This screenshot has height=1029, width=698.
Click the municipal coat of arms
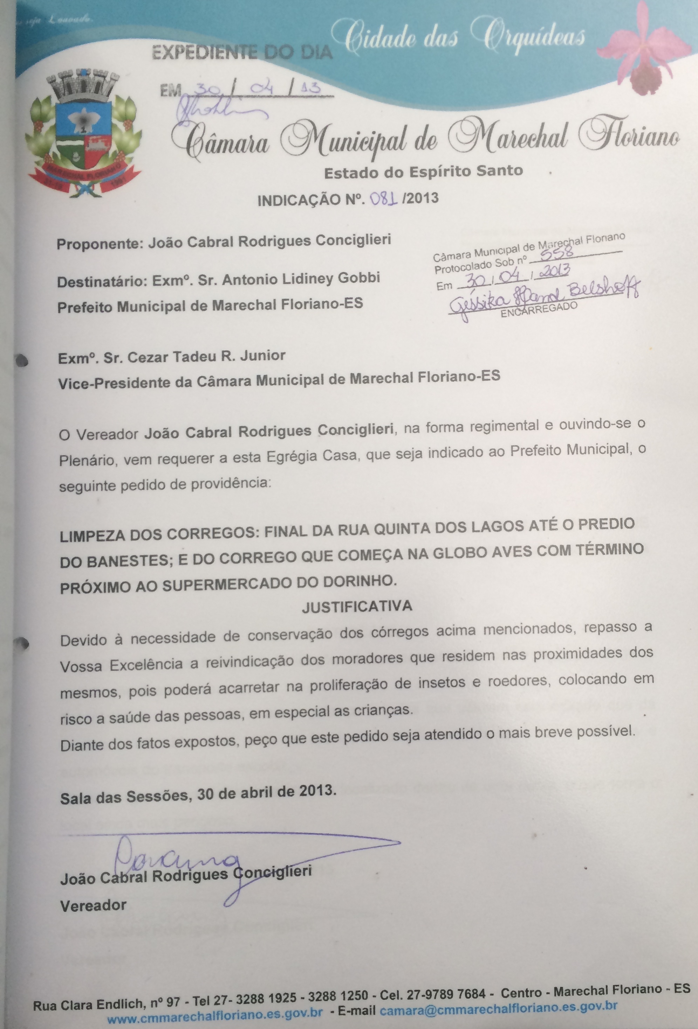coord(83,135)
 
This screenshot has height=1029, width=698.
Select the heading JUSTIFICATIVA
coord(357,606)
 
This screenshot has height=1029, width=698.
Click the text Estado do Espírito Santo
coord(423,171)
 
